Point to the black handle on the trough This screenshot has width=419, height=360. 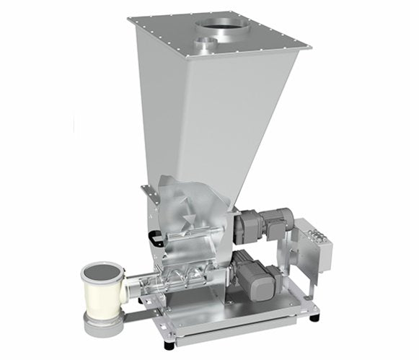pyautogui.click(x=155, y=235)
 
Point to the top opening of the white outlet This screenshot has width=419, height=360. pyautogui.click(x=101, y=273)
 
